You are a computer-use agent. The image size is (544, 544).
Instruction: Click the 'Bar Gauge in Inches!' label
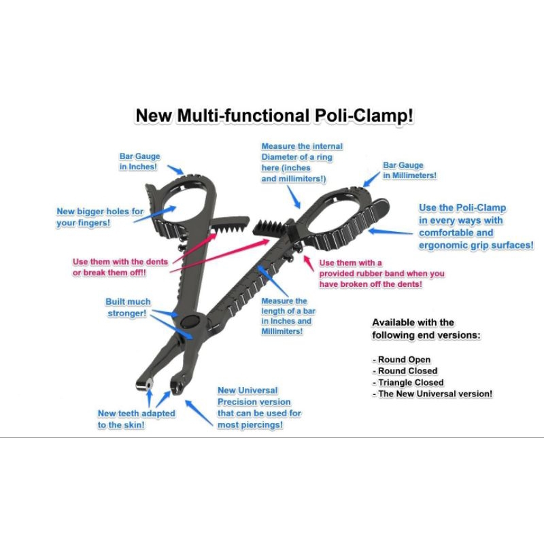[139, 161]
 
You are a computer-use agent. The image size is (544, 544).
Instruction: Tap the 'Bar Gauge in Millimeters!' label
[409, 170]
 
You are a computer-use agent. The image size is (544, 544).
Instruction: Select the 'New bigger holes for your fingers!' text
[100, 217]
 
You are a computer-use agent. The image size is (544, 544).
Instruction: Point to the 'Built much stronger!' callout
[128, 307]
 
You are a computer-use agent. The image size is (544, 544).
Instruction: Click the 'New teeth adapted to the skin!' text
[136, 419]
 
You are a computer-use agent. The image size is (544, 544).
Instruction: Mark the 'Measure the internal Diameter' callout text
[302, 163]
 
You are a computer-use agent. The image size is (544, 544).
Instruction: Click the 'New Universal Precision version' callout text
[258, 407]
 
